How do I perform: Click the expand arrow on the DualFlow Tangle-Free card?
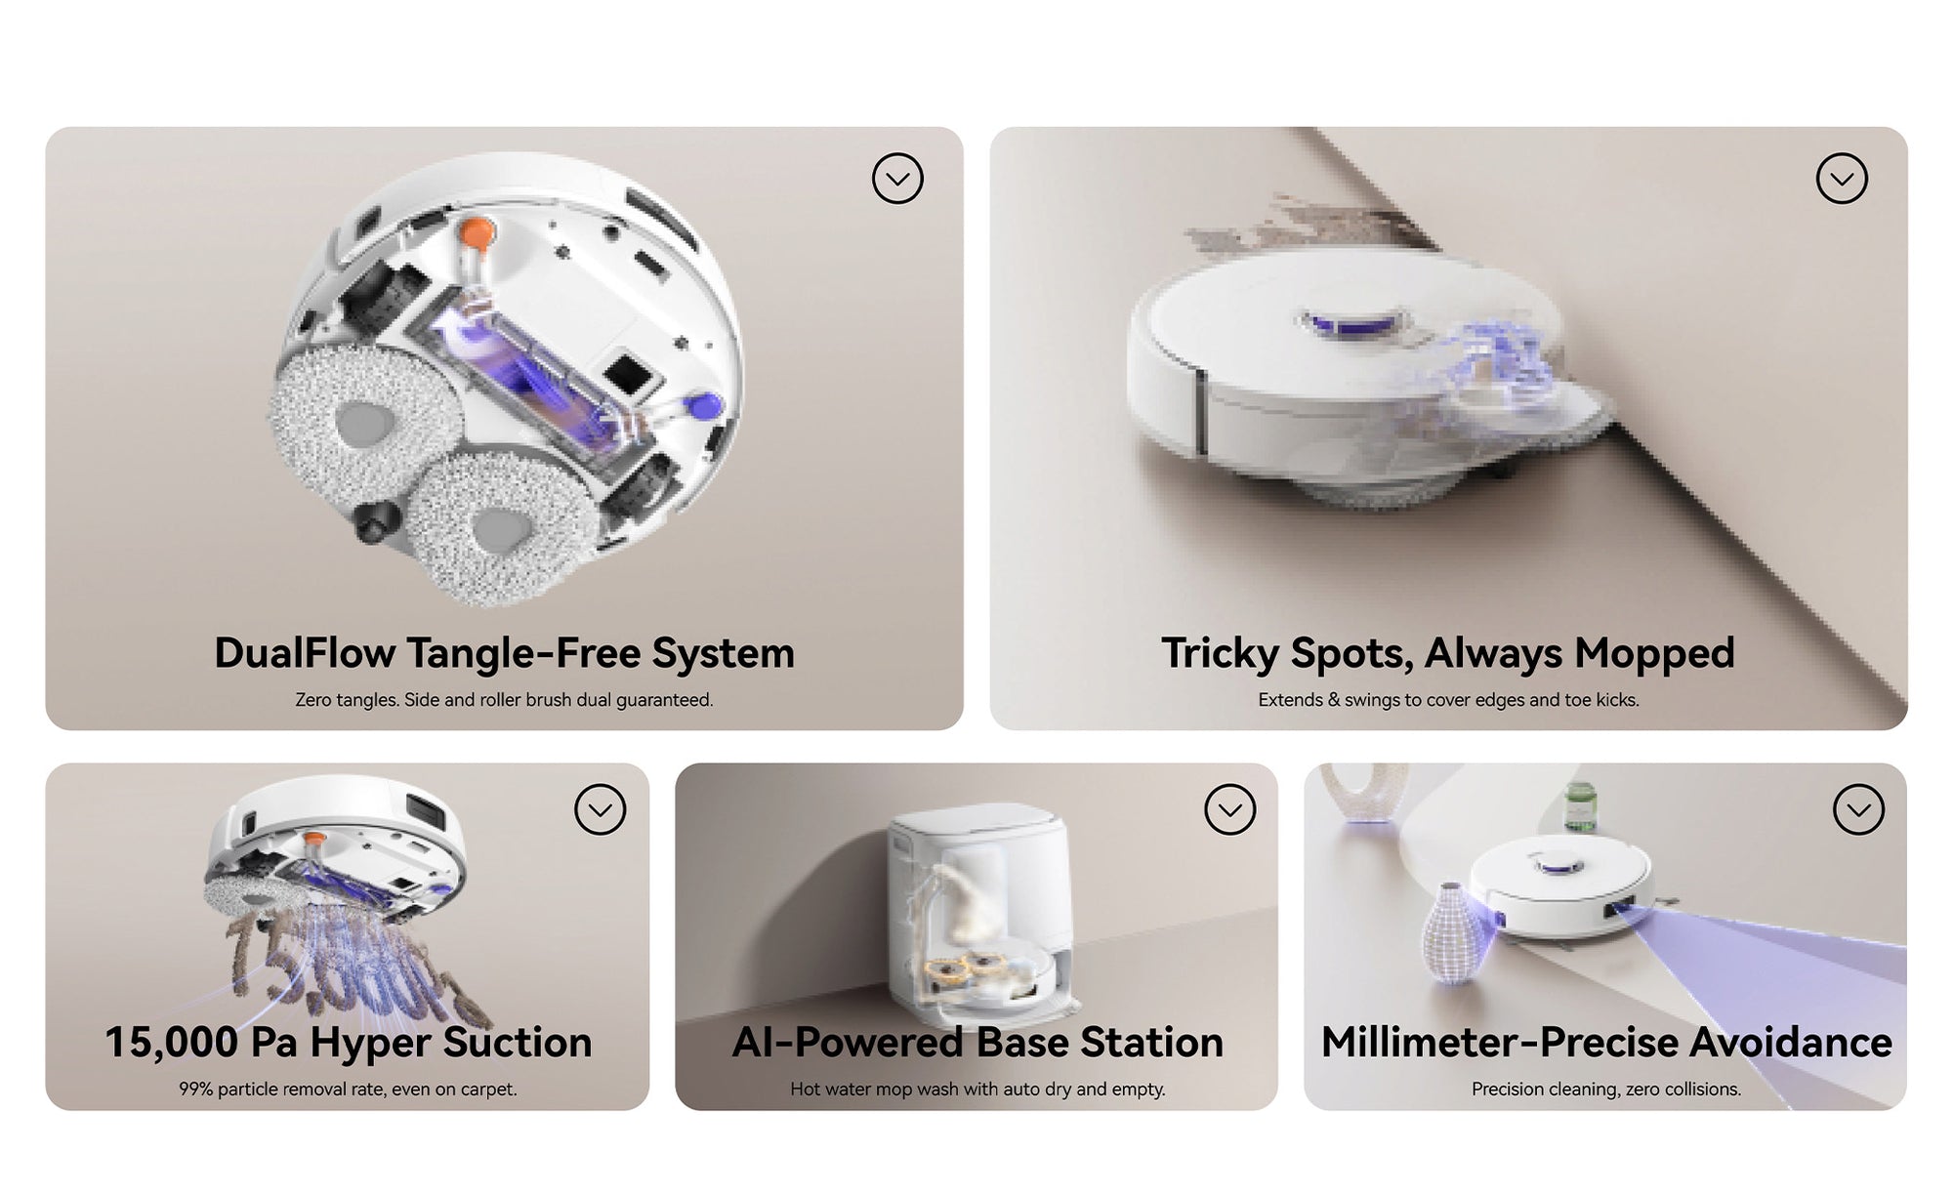[897, 179]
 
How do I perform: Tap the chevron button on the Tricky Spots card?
[1842, 179]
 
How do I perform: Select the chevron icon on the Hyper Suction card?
[600, 809]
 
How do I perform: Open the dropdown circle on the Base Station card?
[1229, 809]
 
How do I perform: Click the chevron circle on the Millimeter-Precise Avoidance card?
[1858, 809]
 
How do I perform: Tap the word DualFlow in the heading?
[304, 653]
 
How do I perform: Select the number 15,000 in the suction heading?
[171, 1043]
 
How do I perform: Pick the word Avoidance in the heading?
[1791, 1042]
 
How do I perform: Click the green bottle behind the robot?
[1579, 807]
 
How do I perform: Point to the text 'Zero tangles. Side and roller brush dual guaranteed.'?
[504, 700]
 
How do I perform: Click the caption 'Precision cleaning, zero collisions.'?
[1606, 1089]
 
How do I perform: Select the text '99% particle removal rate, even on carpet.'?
[348, 1089]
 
